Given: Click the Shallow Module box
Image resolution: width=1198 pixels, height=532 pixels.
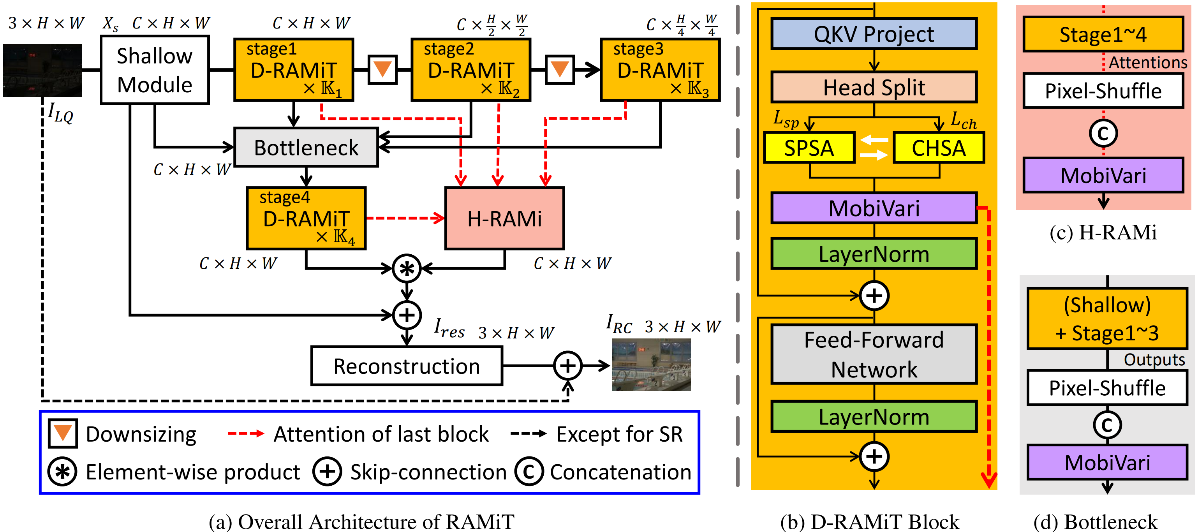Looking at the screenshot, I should tap(154, 70).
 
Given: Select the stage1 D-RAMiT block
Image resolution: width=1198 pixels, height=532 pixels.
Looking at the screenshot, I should tap(293, 70).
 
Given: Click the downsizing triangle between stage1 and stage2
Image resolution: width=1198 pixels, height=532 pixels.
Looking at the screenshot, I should tap(382, 70).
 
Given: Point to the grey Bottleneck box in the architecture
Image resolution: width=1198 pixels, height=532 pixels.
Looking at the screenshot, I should tap(306, 148).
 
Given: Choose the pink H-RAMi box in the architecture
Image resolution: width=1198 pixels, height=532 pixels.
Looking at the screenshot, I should tap(505, 218).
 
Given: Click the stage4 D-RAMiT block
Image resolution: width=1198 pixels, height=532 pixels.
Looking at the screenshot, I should tap(306, 218).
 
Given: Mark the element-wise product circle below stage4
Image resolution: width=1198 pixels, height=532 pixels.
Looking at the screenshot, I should tap(407, 268).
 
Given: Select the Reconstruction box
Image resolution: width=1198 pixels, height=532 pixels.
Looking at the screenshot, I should tap(407, 366).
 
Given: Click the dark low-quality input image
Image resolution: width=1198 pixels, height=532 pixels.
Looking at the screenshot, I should tap(42, 70).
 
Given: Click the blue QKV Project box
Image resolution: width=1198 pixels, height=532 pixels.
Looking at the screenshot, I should tap(874, 34).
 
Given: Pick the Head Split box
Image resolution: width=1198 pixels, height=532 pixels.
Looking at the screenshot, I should tap(874, 87).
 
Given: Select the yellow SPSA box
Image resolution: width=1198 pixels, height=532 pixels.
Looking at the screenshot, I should tap(809, 148).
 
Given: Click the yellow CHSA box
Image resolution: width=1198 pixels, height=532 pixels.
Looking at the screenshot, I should tap(939, 148).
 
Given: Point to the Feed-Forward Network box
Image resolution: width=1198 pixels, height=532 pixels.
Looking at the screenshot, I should tap(874, 354).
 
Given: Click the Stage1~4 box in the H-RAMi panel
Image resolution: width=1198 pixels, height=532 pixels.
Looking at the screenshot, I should tap(1103, 34).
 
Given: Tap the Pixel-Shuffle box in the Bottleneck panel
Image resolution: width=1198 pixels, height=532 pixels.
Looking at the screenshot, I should tap(1107, 388).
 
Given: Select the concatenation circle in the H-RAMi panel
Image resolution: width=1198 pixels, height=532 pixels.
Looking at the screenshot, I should tap(1103, 133).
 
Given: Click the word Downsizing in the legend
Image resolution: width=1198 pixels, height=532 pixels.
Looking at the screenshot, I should tap(141, 434).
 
